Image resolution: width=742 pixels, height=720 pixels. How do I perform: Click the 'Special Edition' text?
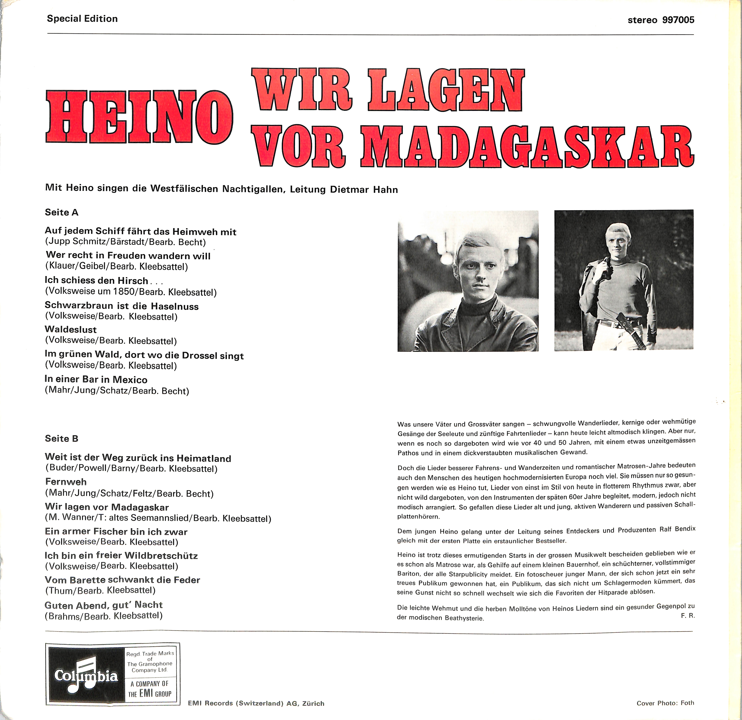tap(82, 19)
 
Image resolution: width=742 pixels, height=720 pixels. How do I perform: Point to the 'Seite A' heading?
tap(62, 212)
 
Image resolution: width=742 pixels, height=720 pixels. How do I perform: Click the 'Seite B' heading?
tap(62, 439)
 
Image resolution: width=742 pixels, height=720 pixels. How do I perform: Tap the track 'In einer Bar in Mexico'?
tap(96, 380)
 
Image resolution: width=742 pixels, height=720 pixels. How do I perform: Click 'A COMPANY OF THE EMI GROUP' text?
tap(150, 694)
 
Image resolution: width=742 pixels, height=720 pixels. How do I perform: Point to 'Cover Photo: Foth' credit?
tap(665, 703)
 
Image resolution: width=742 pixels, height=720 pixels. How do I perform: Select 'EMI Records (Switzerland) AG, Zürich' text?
tap(256, 703)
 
